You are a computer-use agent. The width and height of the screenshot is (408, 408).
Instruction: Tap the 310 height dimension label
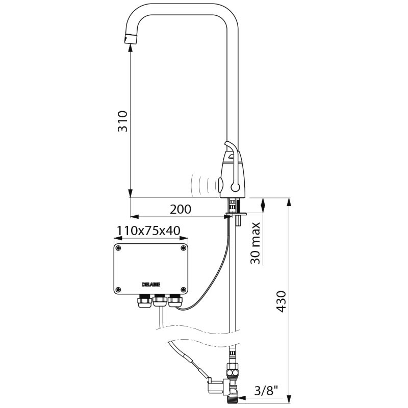point(123,121)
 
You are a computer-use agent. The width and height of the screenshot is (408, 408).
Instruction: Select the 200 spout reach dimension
point(181,209)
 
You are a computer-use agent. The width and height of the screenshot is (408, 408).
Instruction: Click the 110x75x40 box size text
point(148,231)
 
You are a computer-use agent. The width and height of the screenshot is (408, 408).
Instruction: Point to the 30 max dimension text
point(256,243)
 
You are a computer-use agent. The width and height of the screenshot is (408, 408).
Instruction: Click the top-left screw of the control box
point(119,249)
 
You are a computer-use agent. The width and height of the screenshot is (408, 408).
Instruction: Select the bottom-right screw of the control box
point(183,290)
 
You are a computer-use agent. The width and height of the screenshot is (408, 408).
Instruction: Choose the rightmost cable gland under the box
point(176,301)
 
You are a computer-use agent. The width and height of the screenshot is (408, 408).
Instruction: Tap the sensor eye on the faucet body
point(222,182)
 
